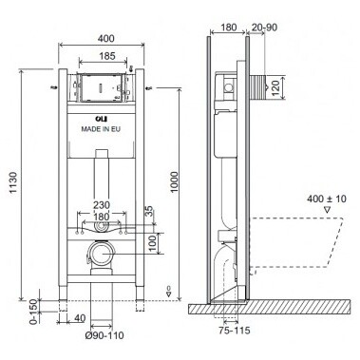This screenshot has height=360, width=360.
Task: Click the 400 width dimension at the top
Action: coord(105,38)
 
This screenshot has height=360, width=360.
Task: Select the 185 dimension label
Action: coord(107,56)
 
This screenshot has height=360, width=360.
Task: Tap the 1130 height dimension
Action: coord(14,182)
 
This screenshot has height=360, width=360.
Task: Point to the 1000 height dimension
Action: coord(174,182)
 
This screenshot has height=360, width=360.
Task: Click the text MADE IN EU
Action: coord(101,129)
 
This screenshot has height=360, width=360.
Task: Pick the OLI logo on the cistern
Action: coord(102,119)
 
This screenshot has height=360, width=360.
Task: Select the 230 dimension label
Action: coord(102,205)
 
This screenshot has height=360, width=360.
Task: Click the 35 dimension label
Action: coord(149,211)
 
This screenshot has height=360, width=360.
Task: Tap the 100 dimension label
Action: coord(153,243)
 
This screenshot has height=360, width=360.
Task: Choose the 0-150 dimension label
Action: coord(33,312)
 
